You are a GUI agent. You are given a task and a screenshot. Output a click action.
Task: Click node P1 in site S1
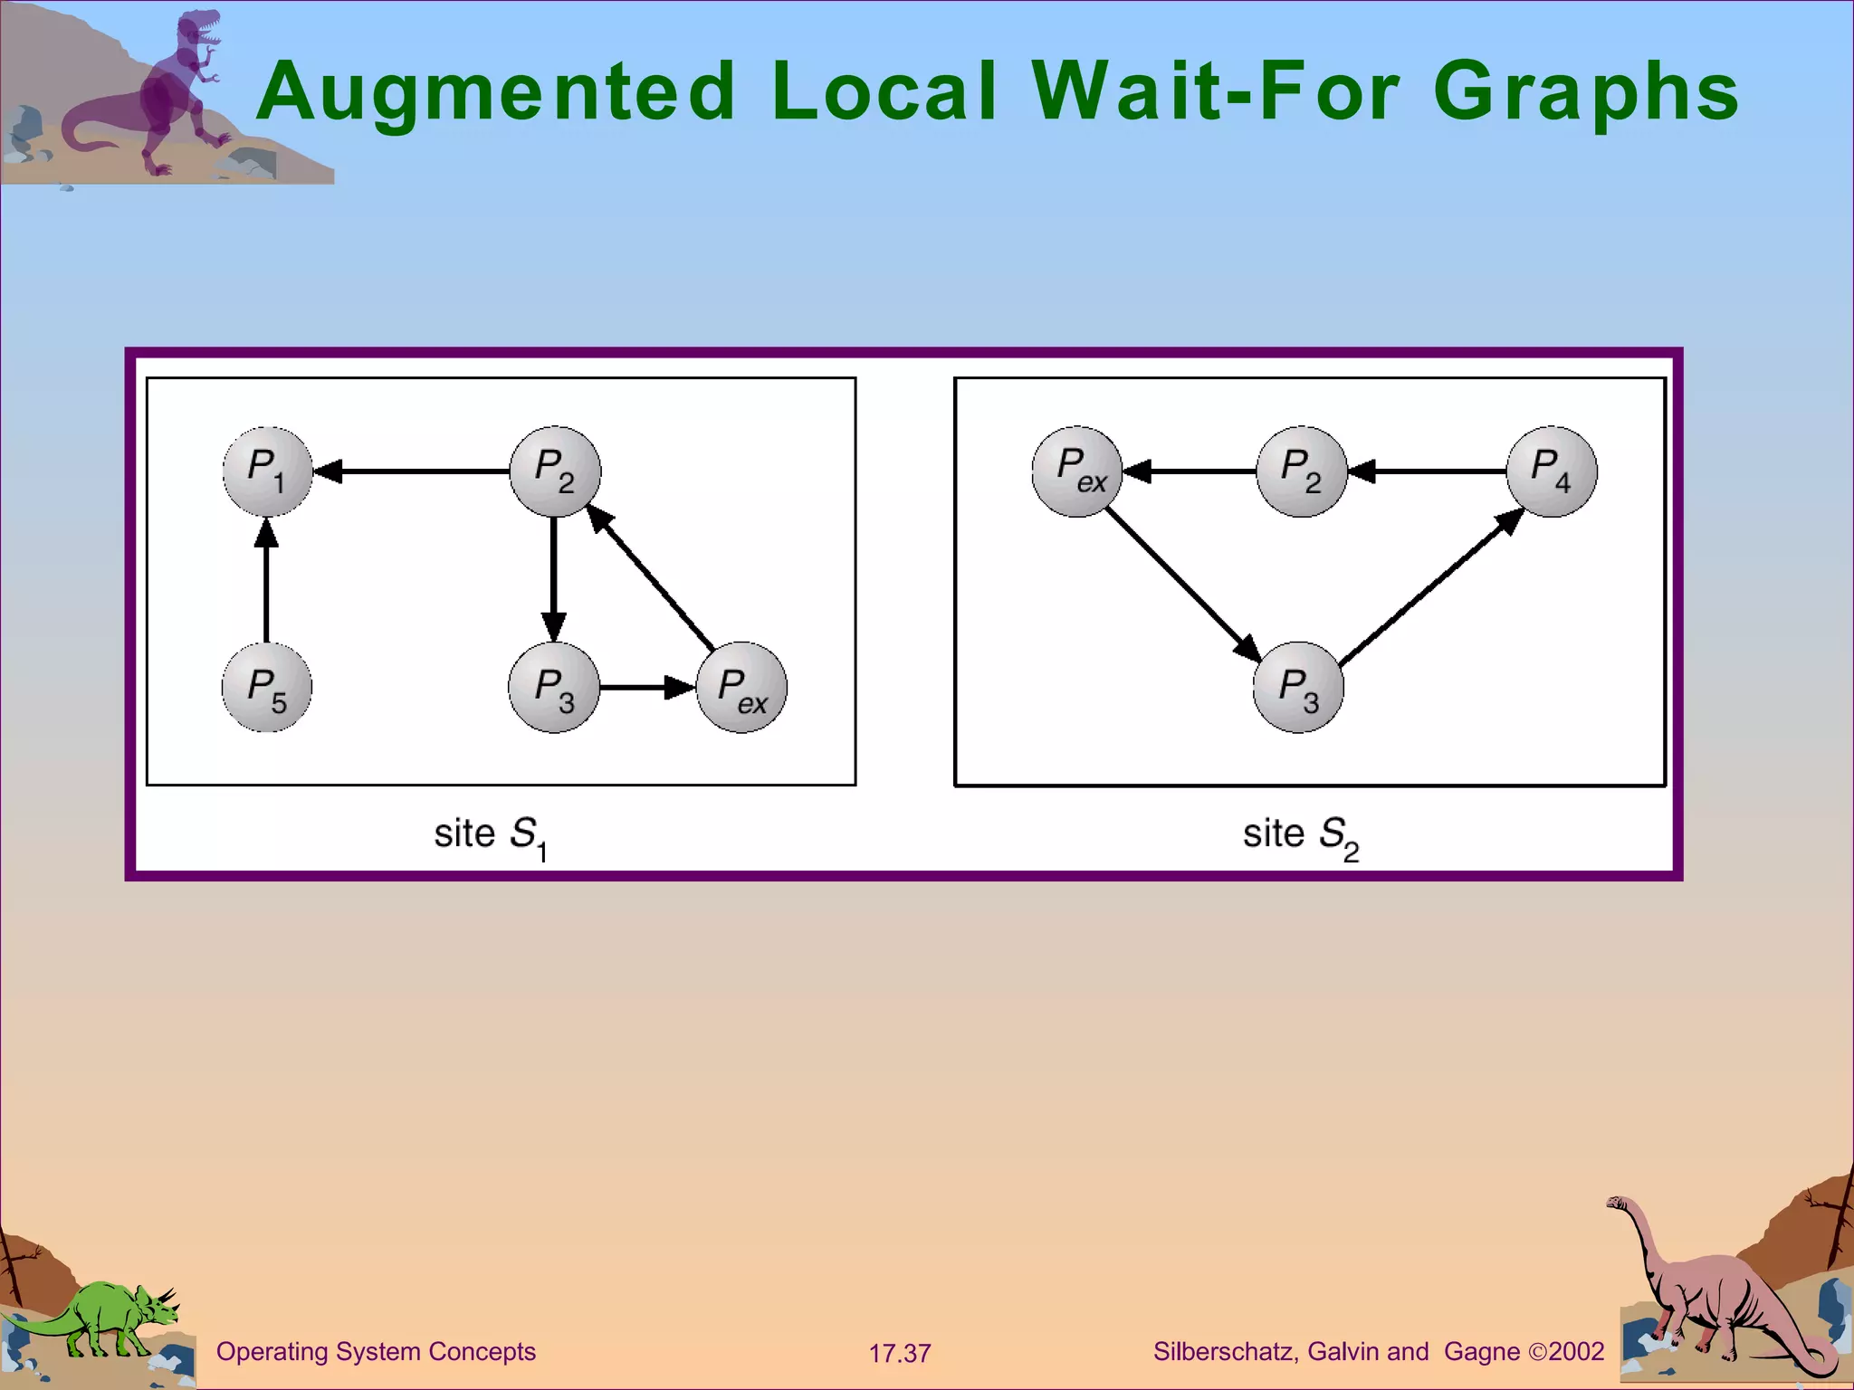[x=267, y=471]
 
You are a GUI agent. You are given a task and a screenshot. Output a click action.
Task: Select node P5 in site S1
[x=267, y=688]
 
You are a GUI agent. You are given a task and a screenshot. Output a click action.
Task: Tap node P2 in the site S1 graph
[x=555, y=471]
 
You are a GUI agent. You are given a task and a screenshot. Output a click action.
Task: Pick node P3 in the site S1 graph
[x=554, y=688]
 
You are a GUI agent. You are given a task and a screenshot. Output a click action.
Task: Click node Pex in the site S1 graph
[x=741, y=688]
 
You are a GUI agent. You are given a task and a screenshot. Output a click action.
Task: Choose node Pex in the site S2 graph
[x=1077, y=471]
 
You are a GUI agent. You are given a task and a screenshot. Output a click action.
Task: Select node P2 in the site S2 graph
[x=1302, y=471]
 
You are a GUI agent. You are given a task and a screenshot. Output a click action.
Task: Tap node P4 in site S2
[x=1552, y=471]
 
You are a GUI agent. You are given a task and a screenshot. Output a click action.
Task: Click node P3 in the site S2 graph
[x=1298, y=688]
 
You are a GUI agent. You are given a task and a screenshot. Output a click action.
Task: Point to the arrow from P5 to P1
[x=266, y=584]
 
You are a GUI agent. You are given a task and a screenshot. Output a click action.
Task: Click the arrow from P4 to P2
[x=1428, y=471]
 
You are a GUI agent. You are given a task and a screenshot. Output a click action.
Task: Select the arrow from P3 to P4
[x=1430, y=588]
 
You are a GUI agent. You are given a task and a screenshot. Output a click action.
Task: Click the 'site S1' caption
[x=490, y=835]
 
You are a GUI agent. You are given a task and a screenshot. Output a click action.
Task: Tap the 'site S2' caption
[x=1300, y=835]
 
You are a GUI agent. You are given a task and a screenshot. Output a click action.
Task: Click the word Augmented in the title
[x=495, y=91]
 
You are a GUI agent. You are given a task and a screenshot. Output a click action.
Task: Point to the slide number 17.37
[x=900, y=1354]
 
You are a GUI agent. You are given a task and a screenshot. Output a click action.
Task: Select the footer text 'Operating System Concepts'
[x=376, y=1352]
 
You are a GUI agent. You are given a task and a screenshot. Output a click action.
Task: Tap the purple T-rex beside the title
[x=167, y=90]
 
